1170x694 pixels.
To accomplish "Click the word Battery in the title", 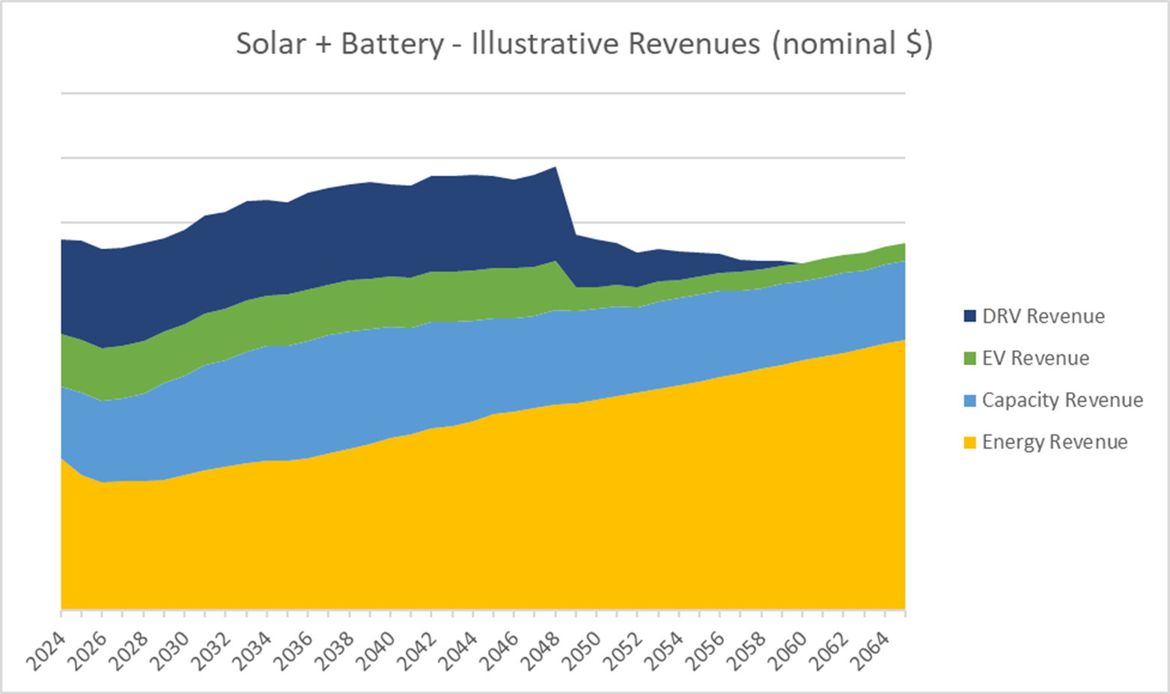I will coord(392,44).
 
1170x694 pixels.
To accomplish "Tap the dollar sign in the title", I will coord(913,44).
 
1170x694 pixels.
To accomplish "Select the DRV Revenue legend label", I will coord(1043,316).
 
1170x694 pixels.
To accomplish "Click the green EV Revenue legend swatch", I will coord(970,358).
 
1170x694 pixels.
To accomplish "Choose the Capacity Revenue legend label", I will coord(1062,400).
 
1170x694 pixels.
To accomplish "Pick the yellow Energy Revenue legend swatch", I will coord(970,442).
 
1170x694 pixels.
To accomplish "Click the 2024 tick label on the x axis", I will coord(46,651).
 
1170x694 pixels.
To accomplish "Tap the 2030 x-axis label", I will coord(170,651).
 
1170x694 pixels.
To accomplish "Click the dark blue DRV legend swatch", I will coord(970,316).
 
